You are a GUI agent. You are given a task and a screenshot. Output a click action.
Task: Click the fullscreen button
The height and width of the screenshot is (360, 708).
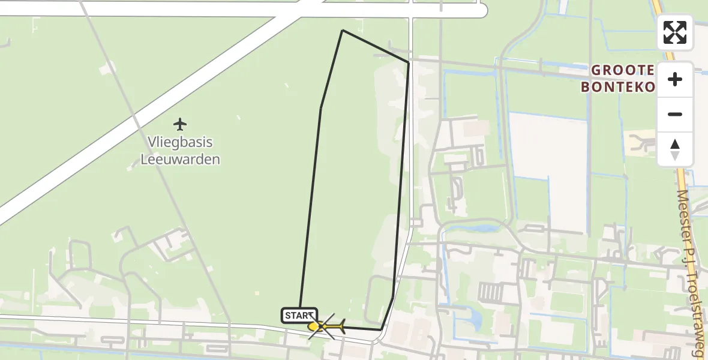(x=675, y=32)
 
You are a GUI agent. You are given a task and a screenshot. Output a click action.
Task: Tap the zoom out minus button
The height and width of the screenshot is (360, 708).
(x=675, y=115)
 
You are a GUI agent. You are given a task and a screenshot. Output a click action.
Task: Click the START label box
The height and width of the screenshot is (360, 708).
(x=299, y=315)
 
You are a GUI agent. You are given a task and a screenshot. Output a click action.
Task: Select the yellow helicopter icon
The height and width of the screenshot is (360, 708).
(x=328, y=327)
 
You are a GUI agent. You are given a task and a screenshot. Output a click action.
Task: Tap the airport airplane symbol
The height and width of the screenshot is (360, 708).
(x=179, y=124)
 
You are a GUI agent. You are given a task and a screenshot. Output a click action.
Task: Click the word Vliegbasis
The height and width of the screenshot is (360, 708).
(x=180, y=143)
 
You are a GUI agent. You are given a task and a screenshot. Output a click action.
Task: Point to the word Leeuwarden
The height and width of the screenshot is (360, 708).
(x=180, y=160)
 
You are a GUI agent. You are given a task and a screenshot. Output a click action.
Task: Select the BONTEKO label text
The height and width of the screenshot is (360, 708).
(x=617, y=87)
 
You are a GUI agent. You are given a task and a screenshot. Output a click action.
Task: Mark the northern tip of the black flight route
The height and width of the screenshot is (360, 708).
(x=343, y=31)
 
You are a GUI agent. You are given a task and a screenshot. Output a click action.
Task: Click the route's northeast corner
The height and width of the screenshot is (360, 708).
(x=409, y=62)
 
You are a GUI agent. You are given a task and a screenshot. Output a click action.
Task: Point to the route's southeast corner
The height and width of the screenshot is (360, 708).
(x=382, y=329)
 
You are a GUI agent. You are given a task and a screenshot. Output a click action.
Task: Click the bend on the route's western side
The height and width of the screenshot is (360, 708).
(x=320, y=109)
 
